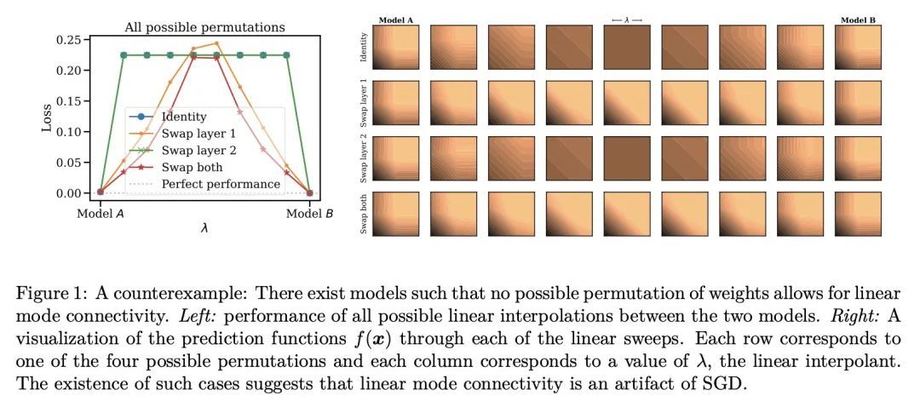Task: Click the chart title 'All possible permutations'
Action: (x=204, y=27)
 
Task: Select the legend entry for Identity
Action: (x=183, y=115)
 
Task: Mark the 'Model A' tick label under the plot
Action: (x=101, y=213)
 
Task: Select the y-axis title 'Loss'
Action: (x=48, y=117)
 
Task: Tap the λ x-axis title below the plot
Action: (x=204, y=228)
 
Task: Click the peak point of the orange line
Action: (x=216, y=43)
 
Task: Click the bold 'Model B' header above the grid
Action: (x=857, y=20)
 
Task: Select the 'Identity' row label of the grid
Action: (x=365, y=47)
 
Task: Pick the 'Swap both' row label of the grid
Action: (x=365, y=213)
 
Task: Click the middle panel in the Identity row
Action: (x=626, y=47)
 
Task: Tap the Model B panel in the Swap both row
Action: (x=858, y=213)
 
